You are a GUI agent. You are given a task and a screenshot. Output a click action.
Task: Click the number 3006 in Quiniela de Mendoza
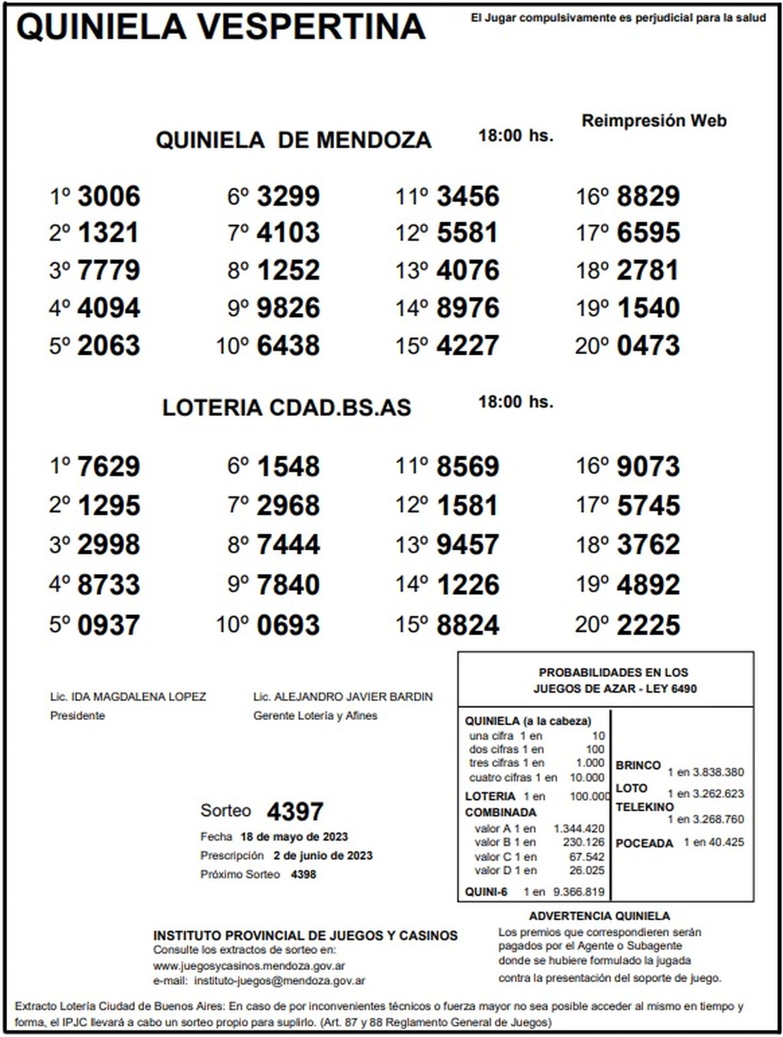pos(108,196)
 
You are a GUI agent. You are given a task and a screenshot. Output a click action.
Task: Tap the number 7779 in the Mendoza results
pos(108,271)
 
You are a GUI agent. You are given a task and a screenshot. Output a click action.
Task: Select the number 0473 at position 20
pos(648,346)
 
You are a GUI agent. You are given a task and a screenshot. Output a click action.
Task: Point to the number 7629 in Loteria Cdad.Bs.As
pos(108,467)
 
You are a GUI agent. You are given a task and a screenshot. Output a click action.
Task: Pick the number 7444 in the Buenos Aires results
pos(288,545)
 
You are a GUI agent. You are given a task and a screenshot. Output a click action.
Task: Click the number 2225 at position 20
pos(648,625)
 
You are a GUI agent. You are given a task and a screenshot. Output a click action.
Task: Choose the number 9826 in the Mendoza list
pos(288,308)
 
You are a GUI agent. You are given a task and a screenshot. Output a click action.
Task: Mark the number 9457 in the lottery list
pos(468,545)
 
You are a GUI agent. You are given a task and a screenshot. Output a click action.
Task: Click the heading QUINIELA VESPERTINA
pos(221,27)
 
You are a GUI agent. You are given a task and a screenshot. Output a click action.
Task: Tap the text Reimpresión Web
pos(654,121)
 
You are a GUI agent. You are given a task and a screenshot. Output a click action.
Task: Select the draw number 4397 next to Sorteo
pos(295,812)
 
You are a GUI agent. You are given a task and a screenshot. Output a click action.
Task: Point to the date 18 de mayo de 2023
pos(294,837)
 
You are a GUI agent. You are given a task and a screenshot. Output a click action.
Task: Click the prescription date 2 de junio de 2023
pos(323,856)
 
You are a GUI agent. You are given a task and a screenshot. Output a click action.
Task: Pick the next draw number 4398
pos(303,874)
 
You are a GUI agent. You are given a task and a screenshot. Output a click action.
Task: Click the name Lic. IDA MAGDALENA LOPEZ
pos(128,697)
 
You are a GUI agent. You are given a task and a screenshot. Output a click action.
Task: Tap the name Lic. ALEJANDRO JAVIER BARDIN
pos(343,697)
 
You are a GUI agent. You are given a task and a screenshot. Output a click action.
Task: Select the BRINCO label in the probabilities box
pos(637,765)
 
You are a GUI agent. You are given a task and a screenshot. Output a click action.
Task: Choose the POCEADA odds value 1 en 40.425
pos(713,842)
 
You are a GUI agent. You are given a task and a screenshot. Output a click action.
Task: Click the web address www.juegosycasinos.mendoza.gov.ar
pos(249,966)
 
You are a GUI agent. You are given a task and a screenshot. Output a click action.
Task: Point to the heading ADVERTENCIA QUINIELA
pos(599,916)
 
